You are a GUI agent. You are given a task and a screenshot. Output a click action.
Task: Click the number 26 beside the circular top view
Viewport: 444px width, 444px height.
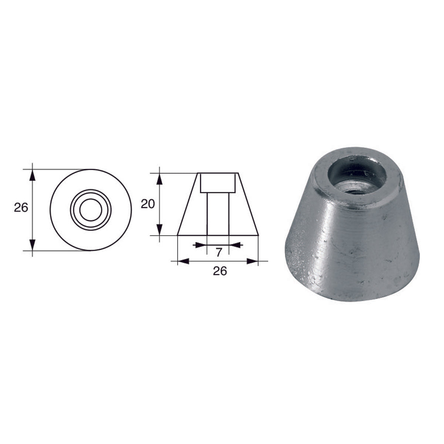coord(21,208)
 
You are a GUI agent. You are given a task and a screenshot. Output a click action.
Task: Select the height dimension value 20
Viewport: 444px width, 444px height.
coord(147,204)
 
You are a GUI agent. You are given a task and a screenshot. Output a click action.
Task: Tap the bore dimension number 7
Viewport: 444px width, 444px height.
coord(218,253)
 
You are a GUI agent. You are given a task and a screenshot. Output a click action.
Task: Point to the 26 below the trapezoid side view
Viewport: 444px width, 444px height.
coord(219,271)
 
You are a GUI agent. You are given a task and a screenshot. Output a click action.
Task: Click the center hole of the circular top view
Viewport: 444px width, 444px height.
coord(90,210)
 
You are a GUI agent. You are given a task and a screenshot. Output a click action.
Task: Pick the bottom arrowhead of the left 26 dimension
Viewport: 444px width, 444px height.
coord(33,245)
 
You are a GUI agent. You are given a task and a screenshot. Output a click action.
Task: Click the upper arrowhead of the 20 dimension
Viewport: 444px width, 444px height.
coord(159,179)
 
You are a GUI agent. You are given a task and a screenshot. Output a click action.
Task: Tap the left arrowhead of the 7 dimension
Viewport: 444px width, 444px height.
coord(200,245)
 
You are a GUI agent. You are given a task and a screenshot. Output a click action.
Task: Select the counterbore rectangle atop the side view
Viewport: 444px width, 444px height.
coord(218,183)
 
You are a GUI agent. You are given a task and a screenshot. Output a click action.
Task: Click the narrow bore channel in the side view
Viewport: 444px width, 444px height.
coord(218,213)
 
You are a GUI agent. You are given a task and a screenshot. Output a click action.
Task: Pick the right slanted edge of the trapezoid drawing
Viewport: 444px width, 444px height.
coord(248,204)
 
